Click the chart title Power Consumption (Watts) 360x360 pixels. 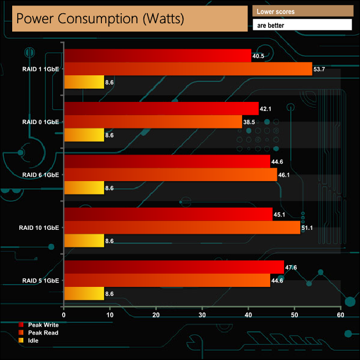point(100,19)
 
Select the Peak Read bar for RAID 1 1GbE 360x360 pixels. point(188,69)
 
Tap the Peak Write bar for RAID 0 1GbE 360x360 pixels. point(161,108)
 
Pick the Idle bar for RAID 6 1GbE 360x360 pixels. point(84,188)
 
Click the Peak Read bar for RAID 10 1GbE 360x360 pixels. point(182,227)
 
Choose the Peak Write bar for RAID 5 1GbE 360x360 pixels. point(174,266)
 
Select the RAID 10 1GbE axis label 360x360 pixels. point(40,227)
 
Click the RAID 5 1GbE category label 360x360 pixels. point(41,280)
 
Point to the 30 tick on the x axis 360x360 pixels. point(202,315)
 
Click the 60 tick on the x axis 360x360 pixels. point(340,315)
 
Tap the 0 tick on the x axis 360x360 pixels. point(64,315)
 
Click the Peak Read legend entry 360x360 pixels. point(43,332)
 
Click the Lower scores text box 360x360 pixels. point(302,11)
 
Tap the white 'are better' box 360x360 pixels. point(302,25)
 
